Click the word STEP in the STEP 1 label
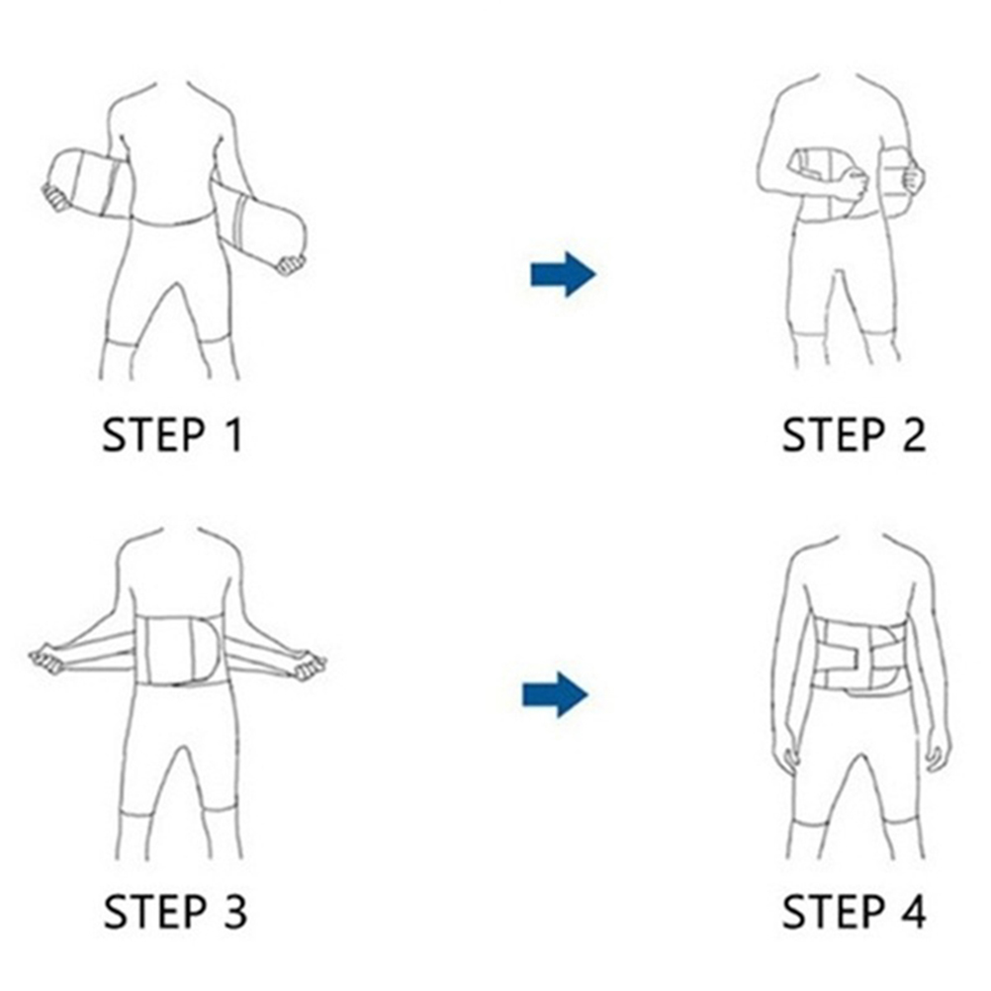(153, 435)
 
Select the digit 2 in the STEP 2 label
(914, 435)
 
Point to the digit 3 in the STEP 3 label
(235, 911)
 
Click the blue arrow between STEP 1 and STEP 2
(563, 274)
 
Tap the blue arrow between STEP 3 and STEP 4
(555, 694)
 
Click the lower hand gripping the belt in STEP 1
(290, 264)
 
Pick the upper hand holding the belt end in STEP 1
(55, 196)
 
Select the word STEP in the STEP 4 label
(834, 911)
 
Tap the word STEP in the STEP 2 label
(834, 435)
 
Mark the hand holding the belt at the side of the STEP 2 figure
(914, 176)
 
